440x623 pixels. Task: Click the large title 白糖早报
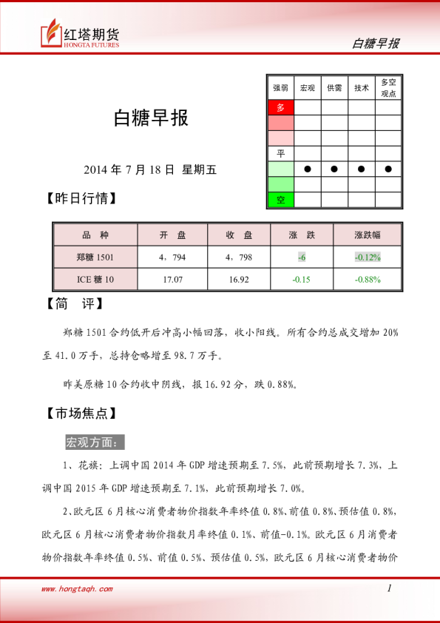(x=151, y=118)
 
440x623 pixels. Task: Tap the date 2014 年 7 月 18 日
(x=129, y=169)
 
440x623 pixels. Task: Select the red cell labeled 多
(x=280, y=107)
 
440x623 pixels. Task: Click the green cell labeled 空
(x=280, y=200)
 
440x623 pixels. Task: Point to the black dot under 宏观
(x=307, y=169)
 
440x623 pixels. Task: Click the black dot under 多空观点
(x=388, y=169)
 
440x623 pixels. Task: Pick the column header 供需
(x=334, y=88)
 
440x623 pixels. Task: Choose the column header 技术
(x=362, y=88)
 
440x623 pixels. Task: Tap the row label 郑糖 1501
(x=95, y=257)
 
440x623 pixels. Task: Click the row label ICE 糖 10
(x=95, y=279)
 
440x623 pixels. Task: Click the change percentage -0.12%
(x=367, y=257)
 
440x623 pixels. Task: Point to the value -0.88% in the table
(x=367, y=279)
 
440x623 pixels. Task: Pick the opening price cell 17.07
(x=172, y=279)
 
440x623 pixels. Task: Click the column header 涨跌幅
(x=367, y=235)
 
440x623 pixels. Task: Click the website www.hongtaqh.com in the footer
(x=77, y=589)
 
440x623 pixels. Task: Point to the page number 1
(x=389, y=588)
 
